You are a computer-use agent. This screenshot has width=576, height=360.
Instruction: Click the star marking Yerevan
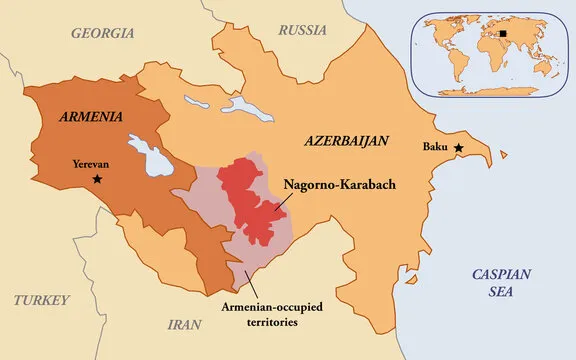[x=97, y=178]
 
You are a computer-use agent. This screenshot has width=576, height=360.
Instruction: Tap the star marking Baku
[x=459, y=148]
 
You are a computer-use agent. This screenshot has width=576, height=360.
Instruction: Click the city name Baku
[x=434, y=149]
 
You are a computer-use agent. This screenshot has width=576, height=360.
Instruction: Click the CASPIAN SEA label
[x=502, y=283]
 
